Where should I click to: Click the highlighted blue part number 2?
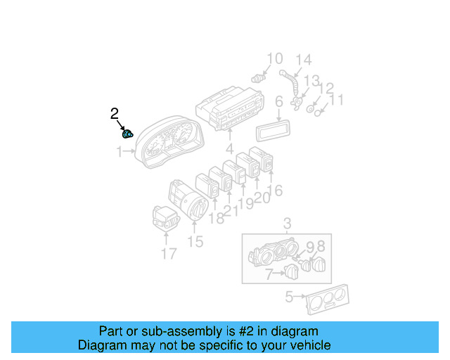point(128,134)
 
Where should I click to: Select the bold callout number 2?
point(115,112)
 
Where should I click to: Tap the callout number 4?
point(229,149)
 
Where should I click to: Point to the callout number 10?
point(274,58)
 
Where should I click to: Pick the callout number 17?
point(169,253)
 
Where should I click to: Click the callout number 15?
point(195,242)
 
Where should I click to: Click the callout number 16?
point(275,190)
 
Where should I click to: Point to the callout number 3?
point(287,224)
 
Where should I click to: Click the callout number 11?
point(337,100)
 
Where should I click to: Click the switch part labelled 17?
point(165,217)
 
